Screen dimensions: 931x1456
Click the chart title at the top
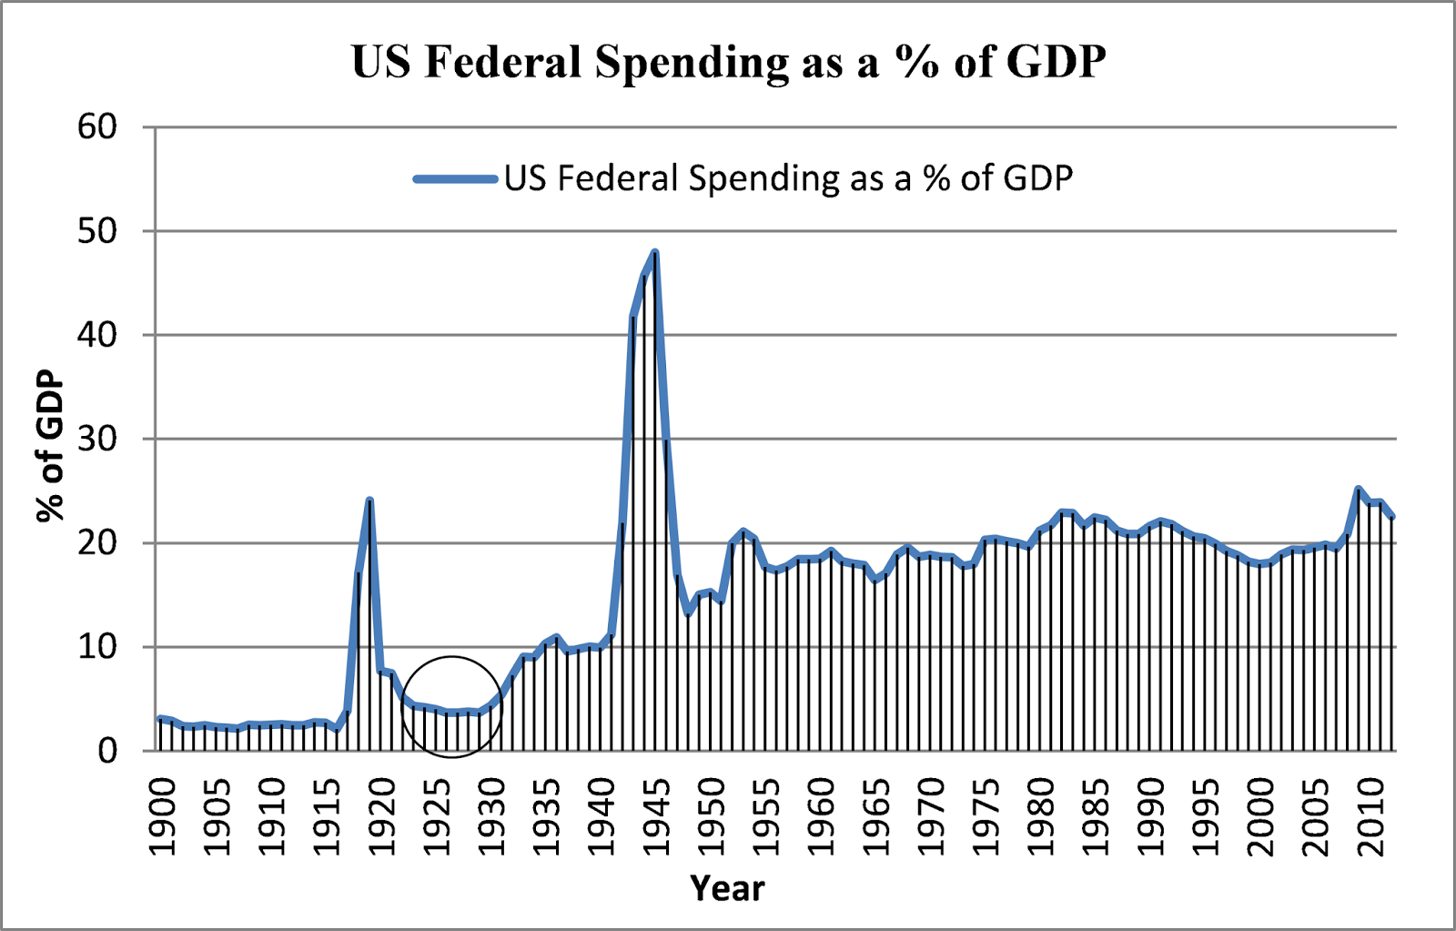[x=728, y=62]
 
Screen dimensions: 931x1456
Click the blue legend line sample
[x=455, y=178]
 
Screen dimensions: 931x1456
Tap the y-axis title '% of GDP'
[x=50, y=446]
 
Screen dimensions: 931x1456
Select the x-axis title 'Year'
[x=727, y=887]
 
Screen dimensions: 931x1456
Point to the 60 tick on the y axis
[x=97, y=127]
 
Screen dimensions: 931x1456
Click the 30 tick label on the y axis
[x=97, y=440]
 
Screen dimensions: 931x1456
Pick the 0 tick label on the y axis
[x=107, y=752]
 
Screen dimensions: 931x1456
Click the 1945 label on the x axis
[x=656, y=816]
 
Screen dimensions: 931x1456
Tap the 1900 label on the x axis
[x=162, y=816]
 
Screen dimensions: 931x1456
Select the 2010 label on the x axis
[x=1370, y=816]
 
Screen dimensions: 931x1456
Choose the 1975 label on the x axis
[x=986, y=816]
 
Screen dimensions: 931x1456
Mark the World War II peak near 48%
[x=654, y=252]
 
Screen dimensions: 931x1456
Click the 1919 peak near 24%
[x=369, y=500]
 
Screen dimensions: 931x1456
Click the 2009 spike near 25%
[x=1358, y=490]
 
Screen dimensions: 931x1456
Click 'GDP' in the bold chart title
[x=1056, y=62]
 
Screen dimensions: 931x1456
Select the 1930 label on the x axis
[x=491, y=816]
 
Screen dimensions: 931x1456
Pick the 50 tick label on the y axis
[x=97, y=231]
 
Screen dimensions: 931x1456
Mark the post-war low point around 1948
[x=688, y=612]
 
